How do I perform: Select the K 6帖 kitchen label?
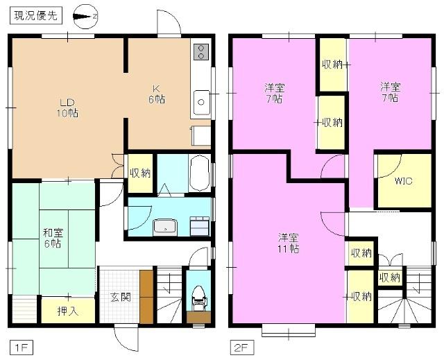(x=158, y=93)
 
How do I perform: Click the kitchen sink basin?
(x=202, y=102)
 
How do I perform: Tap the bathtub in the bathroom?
(x=198, y=173)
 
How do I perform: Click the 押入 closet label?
(x=67, y=311)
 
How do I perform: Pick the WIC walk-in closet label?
(x=403, y=181)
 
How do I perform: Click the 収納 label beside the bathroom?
(x=139, y=173)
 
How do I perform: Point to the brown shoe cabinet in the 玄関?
(x=146, y=297)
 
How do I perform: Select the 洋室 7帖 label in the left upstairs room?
(x=272, y=93)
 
